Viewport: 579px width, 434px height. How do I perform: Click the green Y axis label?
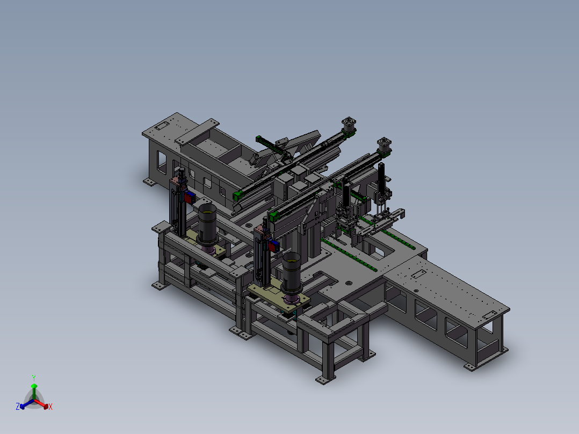coord(34,378)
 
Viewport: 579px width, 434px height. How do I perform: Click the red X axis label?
coord(50,407)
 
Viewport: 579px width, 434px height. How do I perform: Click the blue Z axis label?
coord(18,406)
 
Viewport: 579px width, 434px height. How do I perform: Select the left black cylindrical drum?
coord(207,224)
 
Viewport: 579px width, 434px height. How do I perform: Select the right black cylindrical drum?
coord(291,272)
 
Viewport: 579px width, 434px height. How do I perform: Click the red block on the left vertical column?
coord(189,198)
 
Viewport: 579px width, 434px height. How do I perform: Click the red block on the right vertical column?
coord(273,246)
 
